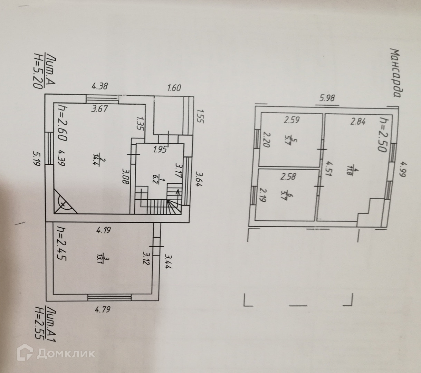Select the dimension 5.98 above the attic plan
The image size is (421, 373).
[x=327, y=98]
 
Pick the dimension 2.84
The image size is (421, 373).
[x=357, y=121]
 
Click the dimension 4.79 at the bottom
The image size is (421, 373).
[x=103, y=309]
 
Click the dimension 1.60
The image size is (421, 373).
[x=174, y=88]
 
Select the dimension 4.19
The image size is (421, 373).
[x=103, y=230]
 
